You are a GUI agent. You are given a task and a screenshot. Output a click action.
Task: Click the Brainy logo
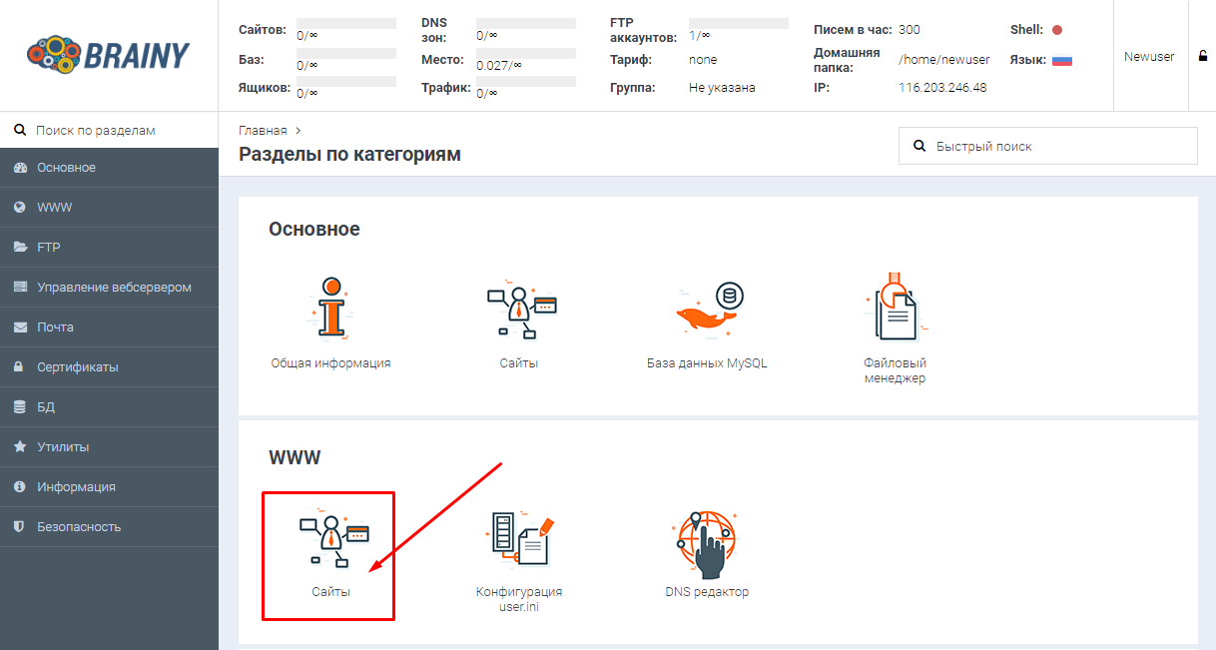click(108, 55)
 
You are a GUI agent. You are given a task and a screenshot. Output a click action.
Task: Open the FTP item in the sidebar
click(48, 247)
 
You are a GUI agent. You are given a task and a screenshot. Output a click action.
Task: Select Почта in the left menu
click(55, 326)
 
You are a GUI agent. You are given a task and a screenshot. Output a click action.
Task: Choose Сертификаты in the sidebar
click(77, 367)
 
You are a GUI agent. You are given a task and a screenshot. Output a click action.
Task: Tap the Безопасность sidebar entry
click(79, 527)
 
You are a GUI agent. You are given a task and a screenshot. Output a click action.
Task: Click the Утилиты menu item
click(63, 447)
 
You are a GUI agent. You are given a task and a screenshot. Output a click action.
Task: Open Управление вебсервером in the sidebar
click(114, 288)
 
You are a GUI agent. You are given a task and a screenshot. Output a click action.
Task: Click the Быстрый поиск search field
click(1047, 146)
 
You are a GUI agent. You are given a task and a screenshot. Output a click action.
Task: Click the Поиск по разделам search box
click(109, 131)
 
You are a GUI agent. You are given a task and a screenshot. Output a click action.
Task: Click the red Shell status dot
click(1057, 30)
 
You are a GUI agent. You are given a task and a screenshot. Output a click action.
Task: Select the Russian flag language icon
click(1062, 60)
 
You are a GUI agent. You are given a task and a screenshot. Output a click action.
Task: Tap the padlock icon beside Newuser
click(1203, 56)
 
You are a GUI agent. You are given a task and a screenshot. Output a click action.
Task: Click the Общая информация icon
click(331, 309)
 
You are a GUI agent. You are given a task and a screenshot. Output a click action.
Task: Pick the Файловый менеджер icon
click(896, 307)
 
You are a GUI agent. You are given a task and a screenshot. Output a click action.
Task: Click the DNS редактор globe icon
click(706, 544)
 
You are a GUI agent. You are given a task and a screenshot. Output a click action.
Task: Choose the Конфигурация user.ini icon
click(520, 539)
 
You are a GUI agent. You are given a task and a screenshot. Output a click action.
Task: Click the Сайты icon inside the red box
click(333, 538)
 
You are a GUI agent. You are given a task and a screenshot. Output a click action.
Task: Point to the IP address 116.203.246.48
click(942, 88)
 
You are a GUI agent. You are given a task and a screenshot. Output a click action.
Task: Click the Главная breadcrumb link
click(263, 131)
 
